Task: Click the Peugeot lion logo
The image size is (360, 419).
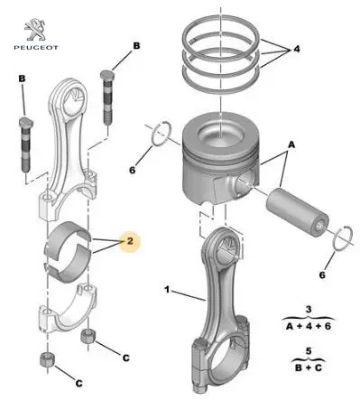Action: (35, 30)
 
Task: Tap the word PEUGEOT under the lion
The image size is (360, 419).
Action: (36, 47)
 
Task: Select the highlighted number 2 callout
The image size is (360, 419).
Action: (130, 241)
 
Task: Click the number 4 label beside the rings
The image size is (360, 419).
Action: (297, 49)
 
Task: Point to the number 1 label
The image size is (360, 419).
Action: (167, 290)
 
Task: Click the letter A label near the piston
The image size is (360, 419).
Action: (291, 145)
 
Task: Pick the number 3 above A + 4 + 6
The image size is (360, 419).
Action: (309, 310)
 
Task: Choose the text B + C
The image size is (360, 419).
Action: (309, 368)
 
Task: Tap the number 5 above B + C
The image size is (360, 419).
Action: (309, 351)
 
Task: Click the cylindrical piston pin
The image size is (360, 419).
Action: (297, 213)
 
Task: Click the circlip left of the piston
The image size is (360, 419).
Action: (162, 133)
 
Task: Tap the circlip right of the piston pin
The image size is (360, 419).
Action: (343, 238)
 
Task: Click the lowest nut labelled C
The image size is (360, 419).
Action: (47, 358)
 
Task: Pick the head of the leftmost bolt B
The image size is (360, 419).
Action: (26, 122)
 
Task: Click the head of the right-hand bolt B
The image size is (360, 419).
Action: (106, 75)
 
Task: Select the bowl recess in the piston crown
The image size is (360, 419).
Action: (220, 135)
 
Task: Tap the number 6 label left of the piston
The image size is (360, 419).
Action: (133, 170)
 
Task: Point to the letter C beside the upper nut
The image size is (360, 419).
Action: (126, 358)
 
